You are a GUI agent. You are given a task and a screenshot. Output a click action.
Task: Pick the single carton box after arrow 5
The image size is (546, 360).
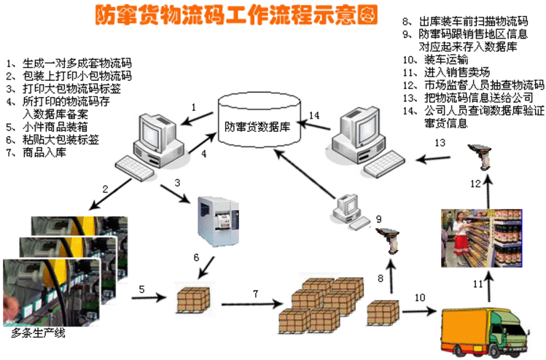(193, 299)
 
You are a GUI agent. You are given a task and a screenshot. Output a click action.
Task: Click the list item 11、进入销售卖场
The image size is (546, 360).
(445, 71)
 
